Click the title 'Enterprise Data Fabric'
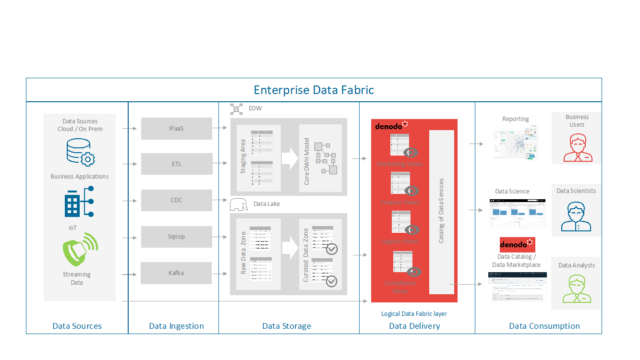pos(313,89)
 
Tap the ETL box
pos(175,162)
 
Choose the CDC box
pos(175,199)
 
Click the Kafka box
pos(175,271)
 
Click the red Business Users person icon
pos(577,148)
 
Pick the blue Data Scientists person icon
pos(577,215)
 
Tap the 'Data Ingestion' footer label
pos(176,325)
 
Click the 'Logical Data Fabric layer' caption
pos(412,312)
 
